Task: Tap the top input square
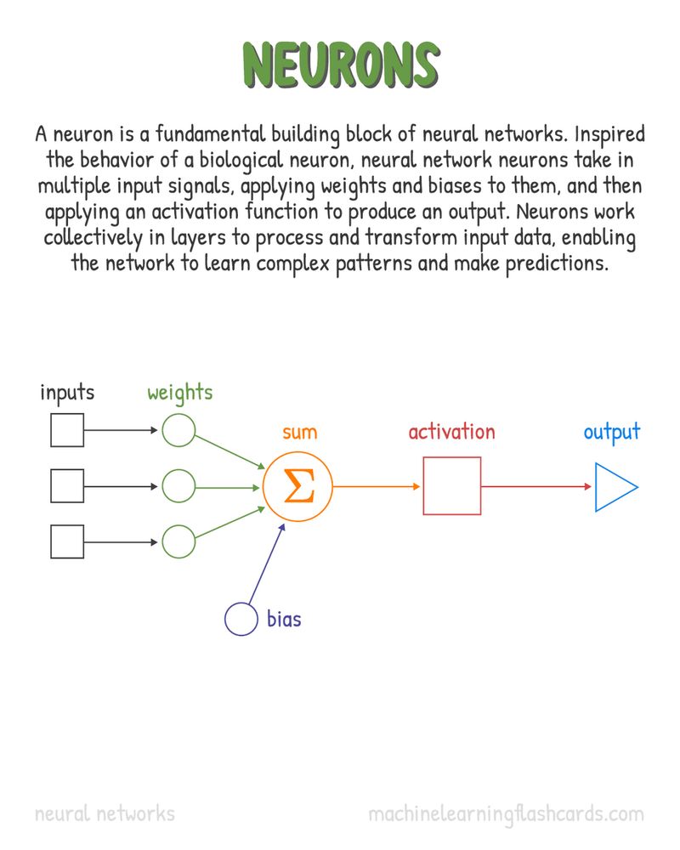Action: pyautogui.click(x=67, y=430)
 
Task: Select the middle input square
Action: pyautogui.click(x=67, y=486)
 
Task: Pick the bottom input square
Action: pyautogui.click(x=67, y=541)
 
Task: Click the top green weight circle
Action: pyautogui.click(x=178, y=430)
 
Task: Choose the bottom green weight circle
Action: pyautogui.click(x=178, y=541)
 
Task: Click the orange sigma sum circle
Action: pyautogui.click(x=297, y=486)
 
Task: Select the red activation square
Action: pyautogui.click(x=452, y=486)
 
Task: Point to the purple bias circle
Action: pyautogui.click(x=241, y=619)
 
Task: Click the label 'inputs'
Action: pyautogui.click(x=67, y=393)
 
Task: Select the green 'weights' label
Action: pyautogui.click(x=179, y=393)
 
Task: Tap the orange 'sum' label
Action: pyautogui.click(x=299, y=432)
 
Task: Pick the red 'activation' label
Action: pyautogui.click(x=451, y=432)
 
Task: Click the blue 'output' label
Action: pyautogui.click(x=612, y=432)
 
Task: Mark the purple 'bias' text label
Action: pyautogui.click(x=284, y=619)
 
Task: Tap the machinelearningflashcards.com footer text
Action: pyautogui.click(x=506, y=813)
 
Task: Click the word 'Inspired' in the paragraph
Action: pyautogui.click(x=610, y=134)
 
